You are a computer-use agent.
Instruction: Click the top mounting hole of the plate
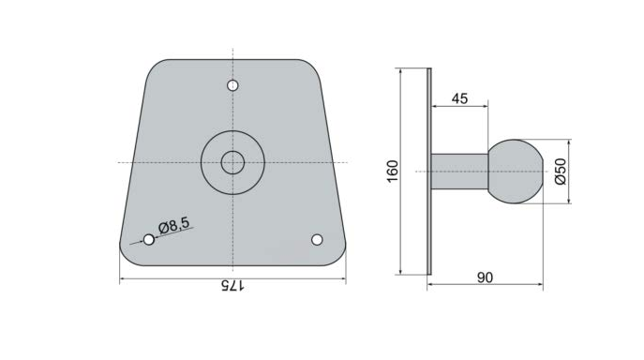coord(232,85)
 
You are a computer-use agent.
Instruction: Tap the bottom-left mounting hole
coord(149,239)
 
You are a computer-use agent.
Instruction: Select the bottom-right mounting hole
coord(317,239)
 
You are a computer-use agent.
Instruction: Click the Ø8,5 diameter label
coord(174,225)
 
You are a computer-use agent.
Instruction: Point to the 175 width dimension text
coord(232,286)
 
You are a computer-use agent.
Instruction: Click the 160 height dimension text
coord(393,171)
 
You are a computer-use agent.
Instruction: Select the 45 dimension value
coord(459,98)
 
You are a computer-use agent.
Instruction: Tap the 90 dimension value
coord(485,277)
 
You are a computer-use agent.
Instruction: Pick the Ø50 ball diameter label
coord(561,172)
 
